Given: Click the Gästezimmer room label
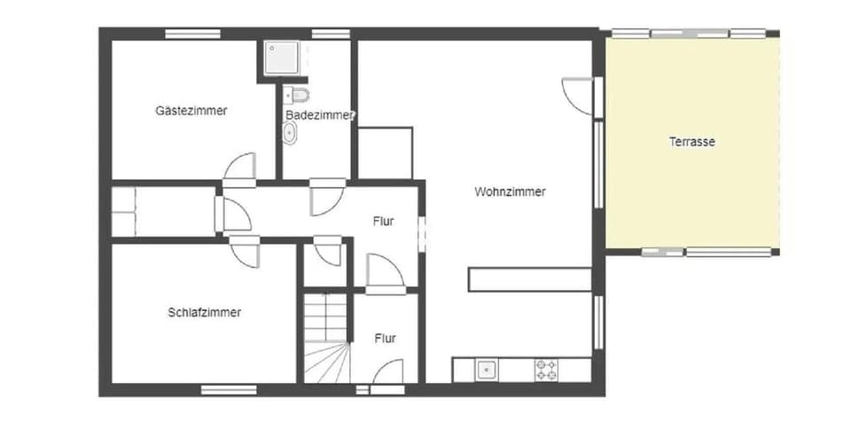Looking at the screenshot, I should tap(191, 111).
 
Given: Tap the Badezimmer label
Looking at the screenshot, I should tap(320, 115).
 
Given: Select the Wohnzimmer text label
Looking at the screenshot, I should tap(510, 191).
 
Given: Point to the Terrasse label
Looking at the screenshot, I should tap(692, 142).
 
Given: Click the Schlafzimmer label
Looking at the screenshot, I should tap(204, 312).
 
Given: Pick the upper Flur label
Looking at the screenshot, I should tap(384, 222).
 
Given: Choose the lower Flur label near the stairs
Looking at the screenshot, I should tap(385, 338).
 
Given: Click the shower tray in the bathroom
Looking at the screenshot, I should tap(282, 57).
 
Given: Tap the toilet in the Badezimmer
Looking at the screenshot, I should tap(298, 94).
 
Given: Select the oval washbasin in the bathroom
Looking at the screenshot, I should tap(290, 133).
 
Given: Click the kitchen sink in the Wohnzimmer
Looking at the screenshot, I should tap(487, 370).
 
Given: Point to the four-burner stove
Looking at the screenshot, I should tap(545, 370).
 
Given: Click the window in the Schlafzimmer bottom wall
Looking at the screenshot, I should tap(228, 389).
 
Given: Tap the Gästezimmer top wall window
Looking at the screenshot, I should tap(192, 34).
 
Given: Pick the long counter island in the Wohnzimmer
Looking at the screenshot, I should tap(530, 279).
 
